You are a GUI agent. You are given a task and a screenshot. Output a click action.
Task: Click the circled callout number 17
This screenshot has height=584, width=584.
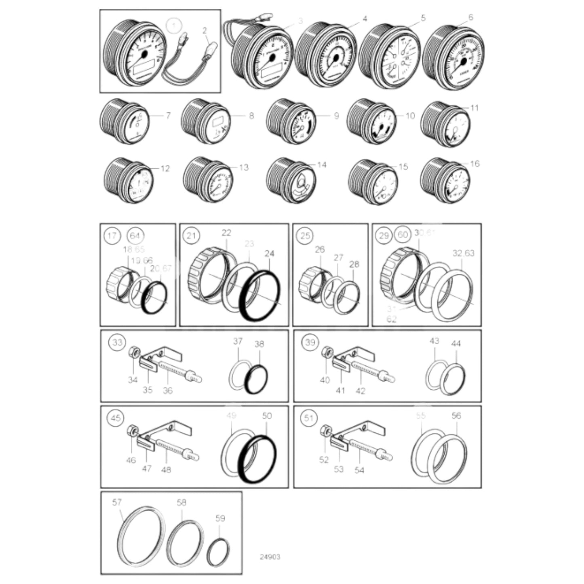(112, 236)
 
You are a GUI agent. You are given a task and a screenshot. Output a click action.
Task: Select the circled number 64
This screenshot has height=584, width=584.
(135, 236)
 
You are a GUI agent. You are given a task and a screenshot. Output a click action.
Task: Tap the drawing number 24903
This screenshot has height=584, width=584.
(270, 557)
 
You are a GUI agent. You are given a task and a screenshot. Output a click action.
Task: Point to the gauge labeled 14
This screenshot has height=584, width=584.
(291, 181)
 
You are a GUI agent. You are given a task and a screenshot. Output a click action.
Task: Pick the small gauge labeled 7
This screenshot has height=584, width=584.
(124, 121)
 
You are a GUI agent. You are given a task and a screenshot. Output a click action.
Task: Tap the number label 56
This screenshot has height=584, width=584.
(456, 415)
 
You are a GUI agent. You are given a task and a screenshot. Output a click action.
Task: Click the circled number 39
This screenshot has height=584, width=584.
(310, 342)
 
